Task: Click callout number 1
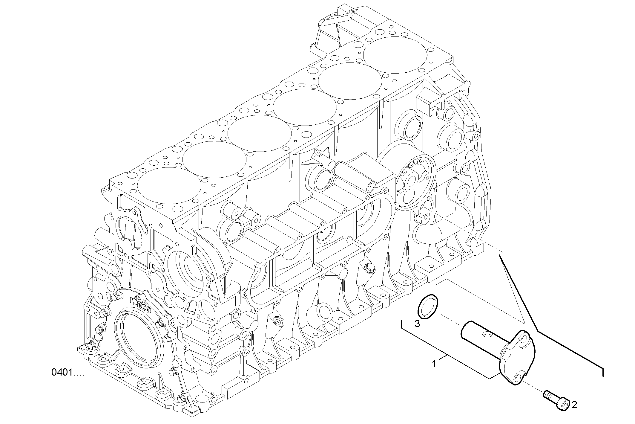434,364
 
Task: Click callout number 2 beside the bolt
574,405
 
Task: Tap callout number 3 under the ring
417,323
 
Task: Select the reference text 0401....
68,373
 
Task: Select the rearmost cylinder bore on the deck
395,54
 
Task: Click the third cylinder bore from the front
260,133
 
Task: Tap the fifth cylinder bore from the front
350,81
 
